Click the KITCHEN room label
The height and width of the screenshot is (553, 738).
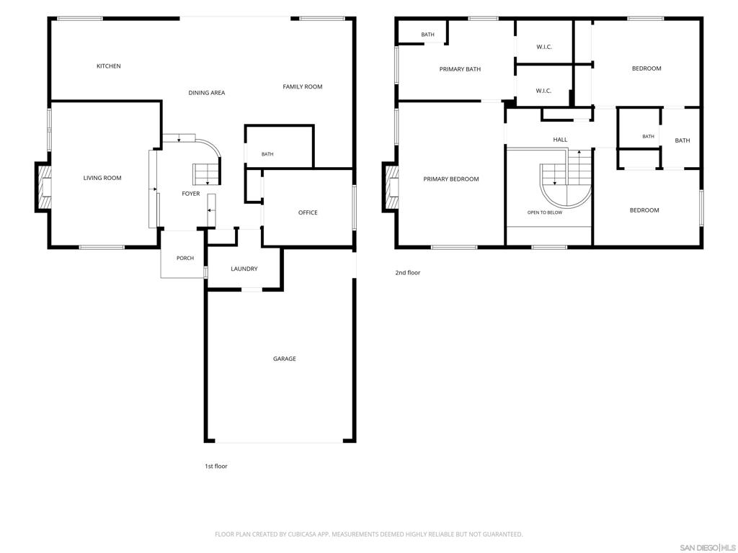tap(109, 66)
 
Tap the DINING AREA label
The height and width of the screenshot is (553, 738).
tap(207, 93)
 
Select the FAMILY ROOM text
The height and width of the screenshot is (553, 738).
tap(303, 86)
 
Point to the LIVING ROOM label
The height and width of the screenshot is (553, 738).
tap(102, 179)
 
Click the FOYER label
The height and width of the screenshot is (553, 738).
tap(191, 194)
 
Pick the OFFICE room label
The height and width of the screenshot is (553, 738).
tap(308, 212)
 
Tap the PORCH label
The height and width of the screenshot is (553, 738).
tap(185, 258)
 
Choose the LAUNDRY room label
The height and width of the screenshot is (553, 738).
tap(244, 269)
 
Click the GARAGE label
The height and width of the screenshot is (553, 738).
tap(285, 359)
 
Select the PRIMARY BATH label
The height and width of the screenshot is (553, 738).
tap(461, 69)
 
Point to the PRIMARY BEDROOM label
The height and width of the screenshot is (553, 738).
tap(451, 179)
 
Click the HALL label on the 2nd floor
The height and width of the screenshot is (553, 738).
tap(560, 140)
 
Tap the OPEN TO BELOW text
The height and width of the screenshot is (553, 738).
tap(545, 212)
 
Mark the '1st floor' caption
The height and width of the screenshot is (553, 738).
tap(216, 467)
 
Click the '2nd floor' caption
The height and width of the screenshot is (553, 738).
tap(408, 273)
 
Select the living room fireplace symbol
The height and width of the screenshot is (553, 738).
tap(43, 187)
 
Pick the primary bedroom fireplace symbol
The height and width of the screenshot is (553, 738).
tap(391, 187)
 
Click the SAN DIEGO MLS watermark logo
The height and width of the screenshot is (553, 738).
tap(707, 548)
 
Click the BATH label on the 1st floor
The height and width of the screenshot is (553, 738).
tap(267, 154)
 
